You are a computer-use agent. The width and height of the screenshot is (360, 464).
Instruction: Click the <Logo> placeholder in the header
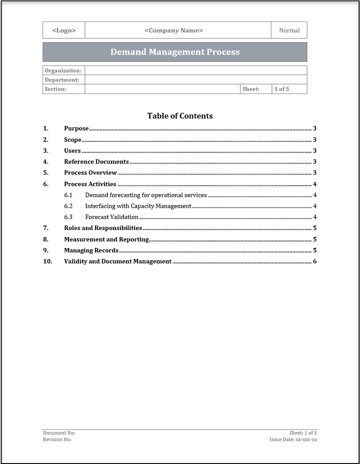pos(64,30)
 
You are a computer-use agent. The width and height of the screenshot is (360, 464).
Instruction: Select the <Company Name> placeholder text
pos(173,30)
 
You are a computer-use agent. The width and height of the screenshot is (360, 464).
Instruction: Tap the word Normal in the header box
pos(289,30)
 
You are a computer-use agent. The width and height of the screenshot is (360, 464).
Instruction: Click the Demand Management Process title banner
pos(175,52)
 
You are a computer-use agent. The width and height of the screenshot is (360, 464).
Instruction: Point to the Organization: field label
pos(63,70)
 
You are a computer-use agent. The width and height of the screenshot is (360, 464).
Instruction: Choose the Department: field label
pos(62,80)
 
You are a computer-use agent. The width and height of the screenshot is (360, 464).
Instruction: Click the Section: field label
pos(55,89)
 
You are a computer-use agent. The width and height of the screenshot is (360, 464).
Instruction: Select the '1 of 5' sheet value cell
pos(281,89)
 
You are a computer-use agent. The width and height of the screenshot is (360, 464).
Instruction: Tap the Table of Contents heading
pos(180,116)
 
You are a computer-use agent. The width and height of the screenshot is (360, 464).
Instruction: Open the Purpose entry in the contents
pos(76,128)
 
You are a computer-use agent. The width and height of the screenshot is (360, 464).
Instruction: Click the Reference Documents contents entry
pos(96,161)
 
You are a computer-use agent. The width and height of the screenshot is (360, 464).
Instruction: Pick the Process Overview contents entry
pos(90,172)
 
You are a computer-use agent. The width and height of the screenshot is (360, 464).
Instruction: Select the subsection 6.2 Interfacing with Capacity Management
pos(138,206)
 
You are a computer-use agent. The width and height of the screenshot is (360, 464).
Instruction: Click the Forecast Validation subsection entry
pos(111,217)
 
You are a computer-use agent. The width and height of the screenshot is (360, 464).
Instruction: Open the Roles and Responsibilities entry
pos(103,228)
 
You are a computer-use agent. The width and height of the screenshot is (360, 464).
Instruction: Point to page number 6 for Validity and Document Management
pos(314,261)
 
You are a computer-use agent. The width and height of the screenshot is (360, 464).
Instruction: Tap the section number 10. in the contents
pos(48,261)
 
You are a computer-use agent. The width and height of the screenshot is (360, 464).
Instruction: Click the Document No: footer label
pos(59,432)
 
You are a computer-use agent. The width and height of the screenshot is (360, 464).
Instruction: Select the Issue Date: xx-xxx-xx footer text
pos(293,439)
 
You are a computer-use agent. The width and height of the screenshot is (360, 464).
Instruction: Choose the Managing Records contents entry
pos(91,250)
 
